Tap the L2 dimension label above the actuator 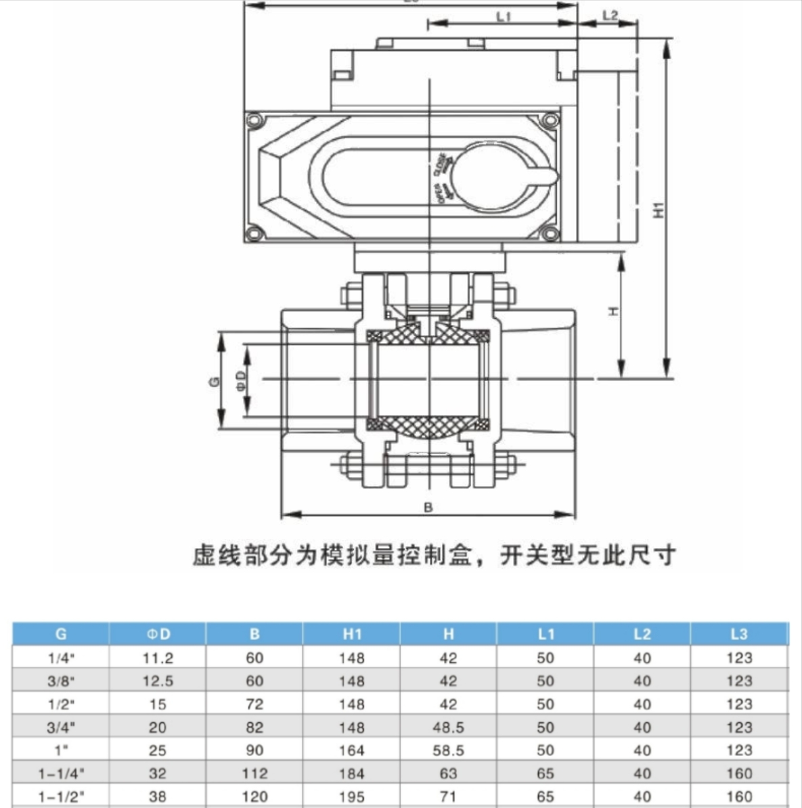coord(610,15)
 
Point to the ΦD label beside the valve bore coord(241,380)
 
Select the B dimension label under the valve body coord(428,507)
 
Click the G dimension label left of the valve coord(214,381)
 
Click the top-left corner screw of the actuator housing coord(254,121)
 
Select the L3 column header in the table coord(739,634)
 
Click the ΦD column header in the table coord(158,634)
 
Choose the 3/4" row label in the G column coord(61,727)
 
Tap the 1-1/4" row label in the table coord(61,773)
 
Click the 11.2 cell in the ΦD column coord(158,658)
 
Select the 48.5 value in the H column coord(448,727)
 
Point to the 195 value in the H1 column coord(352,796)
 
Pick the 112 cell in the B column coord(254,773)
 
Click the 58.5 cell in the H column coord(448,750)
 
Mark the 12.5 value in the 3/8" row coord(158,681)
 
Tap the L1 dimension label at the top coord(504,16)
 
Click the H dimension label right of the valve coord(612,311)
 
